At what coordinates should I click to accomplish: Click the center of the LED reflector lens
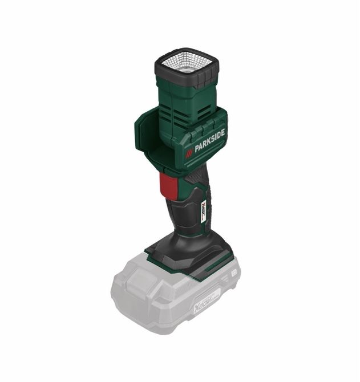coord(185,62)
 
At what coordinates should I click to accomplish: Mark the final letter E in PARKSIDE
coord(223,132)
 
